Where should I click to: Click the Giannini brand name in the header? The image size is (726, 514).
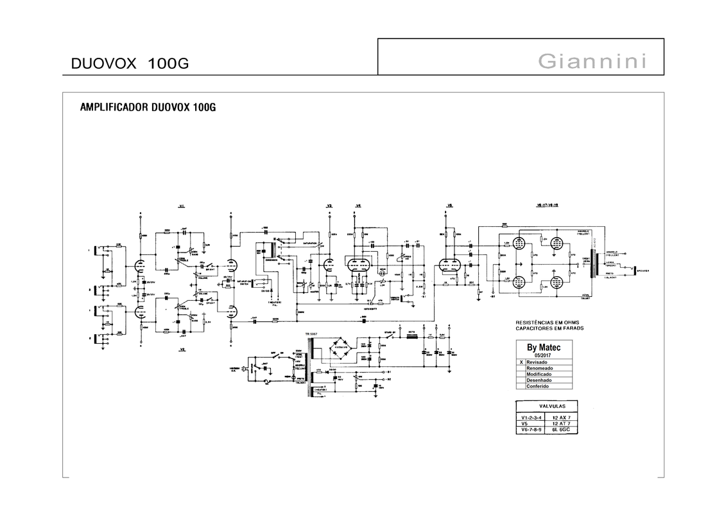pyautogui.click(x=592, y=62)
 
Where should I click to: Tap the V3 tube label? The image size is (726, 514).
pyautogui.click(x=329, y=206)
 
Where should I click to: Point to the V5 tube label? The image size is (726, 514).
pyautogui.click(x=449, y=206)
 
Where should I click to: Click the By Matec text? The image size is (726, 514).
pyautogui.click(x=543, y=348)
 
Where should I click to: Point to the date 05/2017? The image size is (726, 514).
pyautogui.click(x=543, y=355)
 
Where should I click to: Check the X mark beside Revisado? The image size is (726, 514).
pyautogui.click(x=521, y=362)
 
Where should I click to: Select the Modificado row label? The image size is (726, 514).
pyautogui.click(x=539, y=374)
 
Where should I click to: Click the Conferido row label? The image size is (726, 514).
pyautogui.click(x=538, y=386)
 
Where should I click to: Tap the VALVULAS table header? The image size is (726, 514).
pyautogui.click(x=546, y=407)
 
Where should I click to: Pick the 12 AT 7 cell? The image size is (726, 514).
pyautogui.click(x=561, y=423)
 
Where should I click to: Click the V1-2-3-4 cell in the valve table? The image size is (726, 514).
pyautogui.click(x=532, y=417)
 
